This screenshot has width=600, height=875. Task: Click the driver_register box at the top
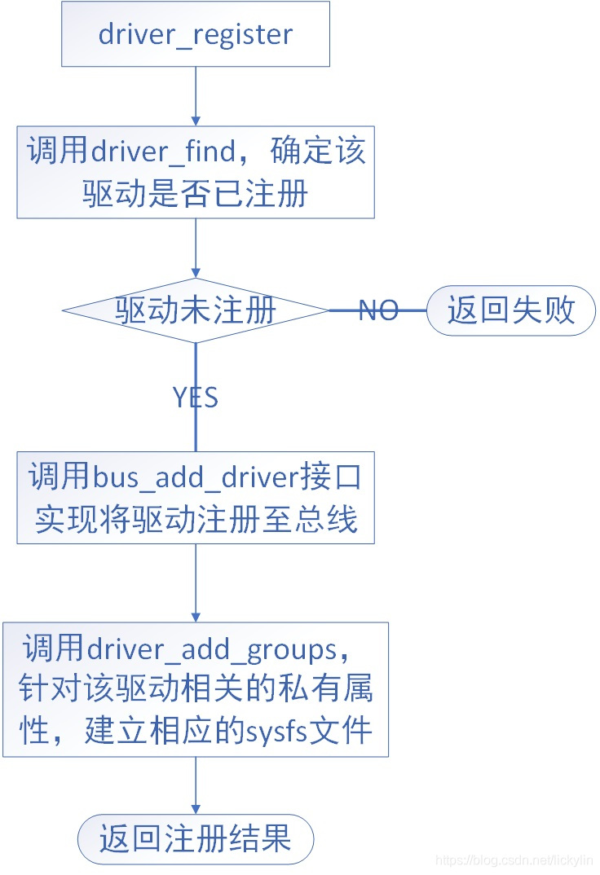tap(196, 34)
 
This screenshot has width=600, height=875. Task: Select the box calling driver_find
tap(196, 171)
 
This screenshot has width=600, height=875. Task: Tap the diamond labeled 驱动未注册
tap(196, 310)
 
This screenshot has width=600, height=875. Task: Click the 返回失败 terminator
tap(511, 310)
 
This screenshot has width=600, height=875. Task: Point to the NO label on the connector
tap(378, 310)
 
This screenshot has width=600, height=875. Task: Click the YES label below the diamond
tap(196, 397)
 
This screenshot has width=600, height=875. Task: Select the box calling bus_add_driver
tap(196, 497)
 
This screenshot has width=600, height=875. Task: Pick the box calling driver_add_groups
tap(196, 689)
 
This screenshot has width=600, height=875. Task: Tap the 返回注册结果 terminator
tap(196, 838)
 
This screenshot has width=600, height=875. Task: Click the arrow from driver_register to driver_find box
tap(196, 95)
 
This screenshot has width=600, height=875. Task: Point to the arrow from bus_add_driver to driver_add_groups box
tap(196, 583)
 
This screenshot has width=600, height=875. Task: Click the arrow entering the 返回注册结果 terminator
tap(196, 785)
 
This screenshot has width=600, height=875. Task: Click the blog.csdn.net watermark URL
tap(514, 860)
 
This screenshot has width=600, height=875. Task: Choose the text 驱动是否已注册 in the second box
tap(196, 193)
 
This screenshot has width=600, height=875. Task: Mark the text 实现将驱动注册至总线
tap(196, 519)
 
